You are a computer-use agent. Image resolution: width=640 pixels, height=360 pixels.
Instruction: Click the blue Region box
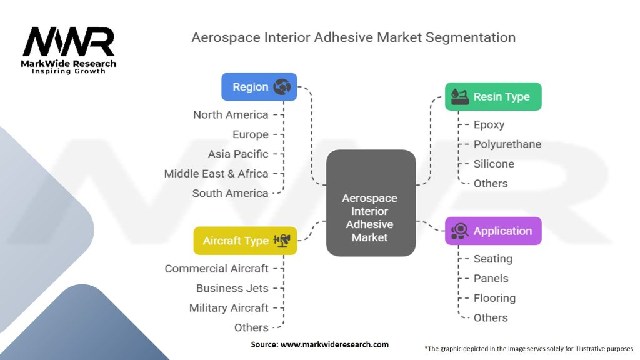[x=259, y=87]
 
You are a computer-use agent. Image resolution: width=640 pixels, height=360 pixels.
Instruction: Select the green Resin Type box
[x=493, y=97]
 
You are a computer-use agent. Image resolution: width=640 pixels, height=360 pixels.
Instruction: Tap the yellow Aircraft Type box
[x=245, y=241]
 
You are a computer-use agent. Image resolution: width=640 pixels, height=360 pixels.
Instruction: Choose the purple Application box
[x=493, y=231]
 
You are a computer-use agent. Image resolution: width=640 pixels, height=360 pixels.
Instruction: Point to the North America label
[x=231, y=114]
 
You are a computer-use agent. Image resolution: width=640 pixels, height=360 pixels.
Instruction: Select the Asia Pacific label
[x=238, y=154]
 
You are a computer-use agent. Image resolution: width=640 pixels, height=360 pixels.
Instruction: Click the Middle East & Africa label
[x=216, y=174]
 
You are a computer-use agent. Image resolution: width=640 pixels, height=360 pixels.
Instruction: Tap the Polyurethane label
[x=507, y=144]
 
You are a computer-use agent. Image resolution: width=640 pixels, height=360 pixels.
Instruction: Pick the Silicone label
[x=494, y=164]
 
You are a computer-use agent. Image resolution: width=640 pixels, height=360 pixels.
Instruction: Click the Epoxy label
[x=489, y=124]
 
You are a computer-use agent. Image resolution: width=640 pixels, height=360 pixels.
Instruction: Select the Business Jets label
[x=232, y=288]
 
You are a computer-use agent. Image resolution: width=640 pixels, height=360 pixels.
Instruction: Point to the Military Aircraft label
[x=229, y=308]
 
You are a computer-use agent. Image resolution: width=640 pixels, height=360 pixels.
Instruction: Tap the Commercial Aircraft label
[x=216, y=269]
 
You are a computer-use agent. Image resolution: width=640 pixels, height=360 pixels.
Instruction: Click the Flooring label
[x=494, y=298]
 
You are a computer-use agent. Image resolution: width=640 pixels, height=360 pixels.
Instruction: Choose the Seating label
[x=492, y=259]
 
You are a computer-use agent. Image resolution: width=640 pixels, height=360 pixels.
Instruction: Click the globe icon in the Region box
[x=282, y=87]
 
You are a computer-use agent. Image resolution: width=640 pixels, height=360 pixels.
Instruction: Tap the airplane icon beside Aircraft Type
[x=282, y=241]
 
